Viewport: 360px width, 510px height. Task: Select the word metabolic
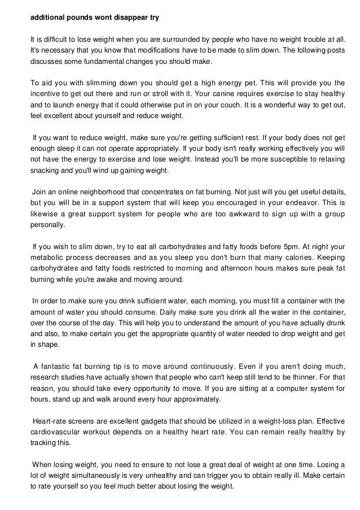49,256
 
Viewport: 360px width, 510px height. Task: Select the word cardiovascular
58,432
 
